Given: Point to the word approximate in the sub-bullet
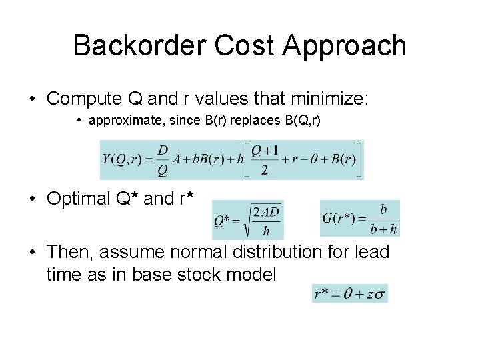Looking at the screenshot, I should (x=123, y=121).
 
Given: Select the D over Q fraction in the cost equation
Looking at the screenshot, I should (x=163, y=160).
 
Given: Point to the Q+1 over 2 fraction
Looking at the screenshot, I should (x=265, y=160).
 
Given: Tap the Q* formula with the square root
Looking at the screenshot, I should (x=247, y=220).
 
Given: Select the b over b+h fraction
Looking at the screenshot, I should (x=383, y=219).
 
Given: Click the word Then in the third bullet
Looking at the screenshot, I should (x=69, y=252).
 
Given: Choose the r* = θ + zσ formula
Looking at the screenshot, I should (x=350, y=293).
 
